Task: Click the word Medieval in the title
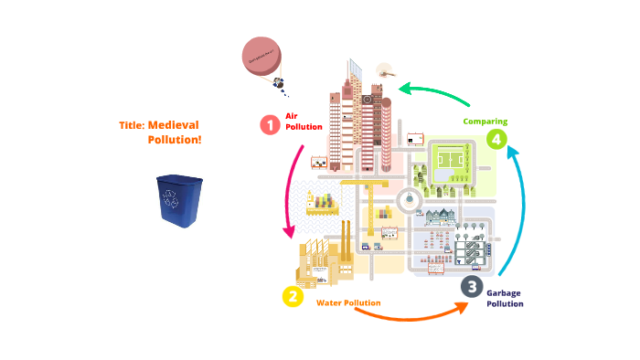pyautogui.click(x=174, y=125)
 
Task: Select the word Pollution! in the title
pyautogui.click(x=175, y=140)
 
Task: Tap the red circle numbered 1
pyautogui.click(x=269, y=125)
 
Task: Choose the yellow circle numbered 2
pyautogui.click(x=292, y=296)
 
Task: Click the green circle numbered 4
pyautogui.click(x=496, y=139)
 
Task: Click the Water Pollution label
pyautogui.click(x=348, y=302)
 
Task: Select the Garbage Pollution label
pyautogui.click(x=505, y=298)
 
